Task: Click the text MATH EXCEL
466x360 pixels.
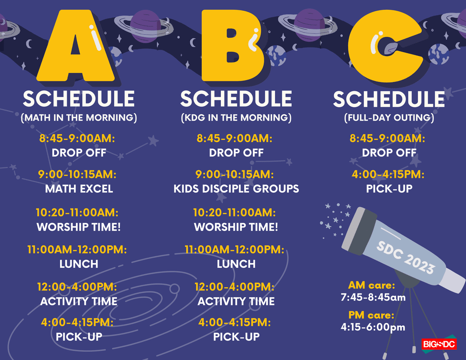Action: click(79, 189)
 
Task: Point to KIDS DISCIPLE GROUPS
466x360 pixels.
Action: click(236, 189)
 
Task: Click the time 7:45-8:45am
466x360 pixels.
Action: click(372, 297)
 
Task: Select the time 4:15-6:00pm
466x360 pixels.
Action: click(372, 327)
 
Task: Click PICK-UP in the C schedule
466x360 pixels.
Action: click(389, 189)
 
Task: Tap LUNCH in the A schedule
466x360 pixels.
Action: click(79, 264)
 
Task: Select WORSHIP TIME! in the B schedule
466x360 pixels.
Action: click(236, 227)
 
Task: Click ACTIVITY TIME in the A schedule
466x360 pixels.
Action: click(79, 301)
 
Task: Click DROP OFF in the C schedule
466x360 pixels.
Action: click(389, 152)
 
